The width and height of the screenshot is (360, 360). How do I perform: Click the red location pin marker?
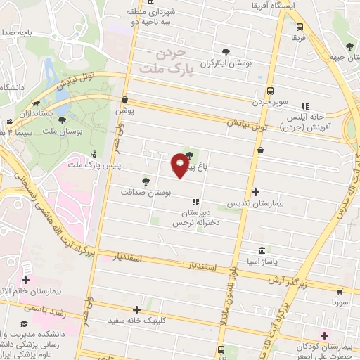click(181, 165)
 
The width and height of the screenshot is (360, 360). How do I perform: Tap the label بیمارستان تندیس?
click(257, 203)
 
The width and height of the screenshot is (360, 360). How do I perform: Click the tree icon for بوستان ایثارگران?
click(225, 52)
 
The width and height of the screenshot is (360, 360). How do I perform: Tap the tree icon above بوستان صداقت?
click(146, 181)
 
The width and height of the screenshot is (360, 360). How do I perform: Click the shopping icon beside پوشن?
click(124, 100)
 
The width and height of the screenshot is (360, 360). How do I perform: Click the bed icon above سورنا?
click(341, 290)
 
